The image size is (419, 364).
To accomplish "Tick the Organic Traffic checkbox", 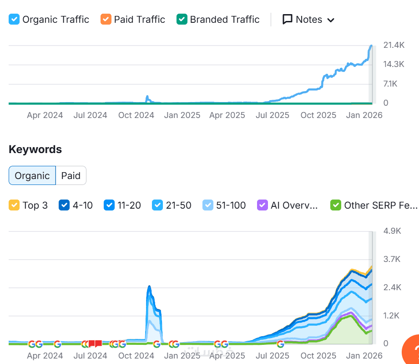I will [x=14, y=20].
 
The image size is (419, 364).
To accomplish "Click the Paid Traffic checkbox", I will [x=106, y=20].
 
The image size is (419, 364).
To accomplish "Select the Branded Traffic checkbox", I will [x=182, y=20].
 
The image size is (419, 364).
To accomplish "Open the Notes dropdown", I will [x=308, y=20].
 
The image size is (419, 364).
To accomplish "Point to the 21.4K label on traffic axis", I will [x=394, y=45].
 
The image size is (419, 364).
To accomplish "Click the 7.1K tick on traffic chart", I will [x=390, y=84].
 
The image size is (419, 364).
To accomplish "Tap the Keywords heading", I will [x=35, y=149].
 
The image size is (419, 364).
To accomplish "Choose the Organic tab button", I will [x=32, y=175].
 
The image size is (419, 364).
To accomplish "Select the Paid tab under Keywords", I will [x=71, y=175].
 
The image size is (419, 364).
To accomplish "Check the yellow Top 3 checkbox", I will [x=14, y=205].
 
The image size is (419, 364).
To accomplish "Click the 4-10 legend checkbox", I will [x=64, y=205].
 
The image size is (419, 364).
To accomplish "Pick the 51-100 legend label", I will [x=231, y=205].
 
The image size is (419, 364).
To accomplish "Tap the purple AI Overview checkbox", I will [x=263, y=205].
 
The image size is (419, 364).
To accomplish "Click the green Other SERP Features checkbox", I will [x=336, y=205].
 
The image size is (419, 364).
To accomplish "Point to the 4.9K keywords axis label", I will [x=392, y=231].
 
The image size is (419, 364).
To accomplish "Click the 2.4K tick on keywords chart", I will [x=392, y=287].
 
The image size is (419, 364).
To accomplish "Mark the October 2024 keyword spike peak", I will [x=149, y=287].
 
